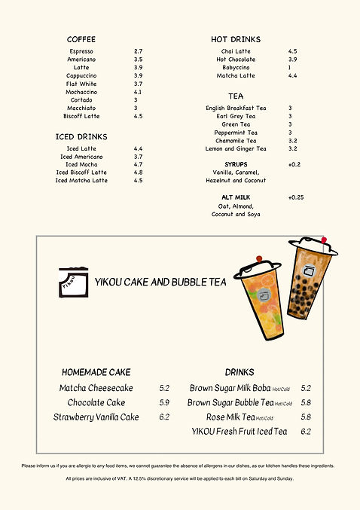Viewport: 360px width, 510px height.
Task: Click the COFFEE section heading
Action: [81, 39]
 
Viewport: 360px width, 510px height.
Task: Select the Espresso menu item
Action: [81, 51]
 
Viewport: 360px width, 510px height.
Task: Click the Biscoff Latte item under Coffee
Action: [81, 116]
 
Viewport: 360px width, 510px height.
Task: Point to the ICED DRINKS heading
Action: [81, 137]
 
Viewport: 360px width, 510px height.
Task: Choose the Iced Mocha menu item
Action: [81, 164]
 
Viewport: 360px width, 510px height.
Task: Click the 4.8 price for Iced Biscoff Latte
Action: [139, 173]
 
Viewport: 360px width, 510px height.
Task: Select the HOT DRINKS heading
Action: [236, 39]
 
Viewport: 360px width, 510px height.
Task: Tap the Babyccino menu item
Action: [236, 68]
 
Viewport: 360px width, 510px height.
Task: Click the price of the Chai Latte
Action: [292, 51]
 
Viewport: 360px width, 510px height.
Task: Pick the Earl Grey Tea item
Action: [236, 116]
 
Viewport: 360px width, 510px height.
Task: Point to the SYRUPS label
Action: [236, 164]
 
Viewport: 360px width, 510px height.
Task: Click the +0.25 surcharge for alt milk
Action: [296, 197]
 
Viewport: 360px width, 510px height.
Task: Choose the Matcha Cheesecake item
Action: [96, 388]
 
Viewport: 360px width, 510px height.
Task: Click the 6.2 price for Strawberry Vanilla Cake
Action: [164, 417]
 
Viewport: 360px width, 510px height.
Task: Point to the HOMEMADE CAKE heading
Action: [96, 372]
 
